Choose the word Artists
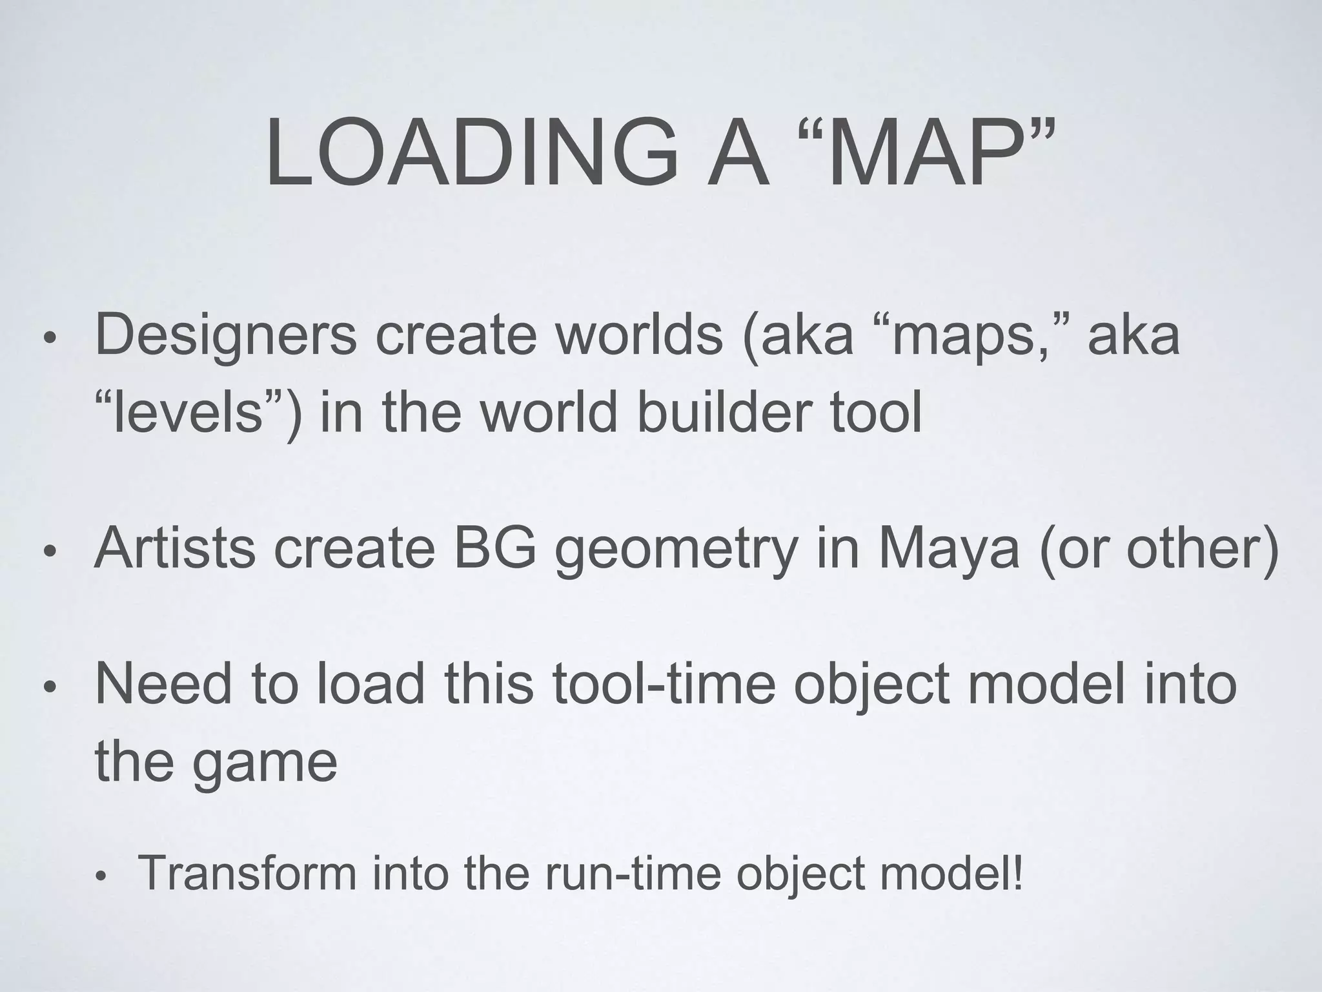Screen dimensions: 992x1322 coord(175,548)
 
